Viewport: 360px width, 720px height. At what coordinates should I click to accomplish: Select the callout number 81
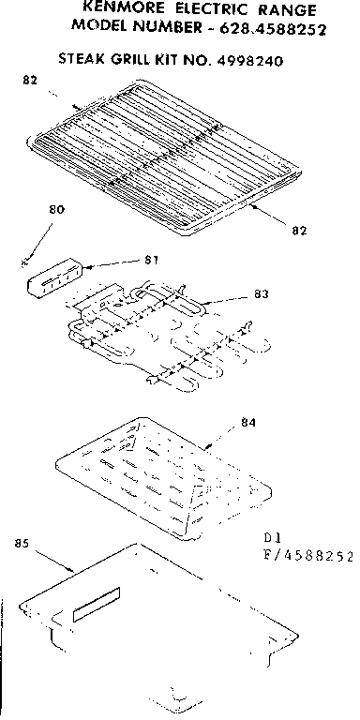pos(150,260)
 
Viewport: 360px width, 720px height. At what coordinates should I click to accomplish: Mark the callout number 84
pos(247,422)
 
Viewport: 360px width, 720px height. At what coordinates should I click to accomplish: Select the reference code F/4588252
pos(307,556)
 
